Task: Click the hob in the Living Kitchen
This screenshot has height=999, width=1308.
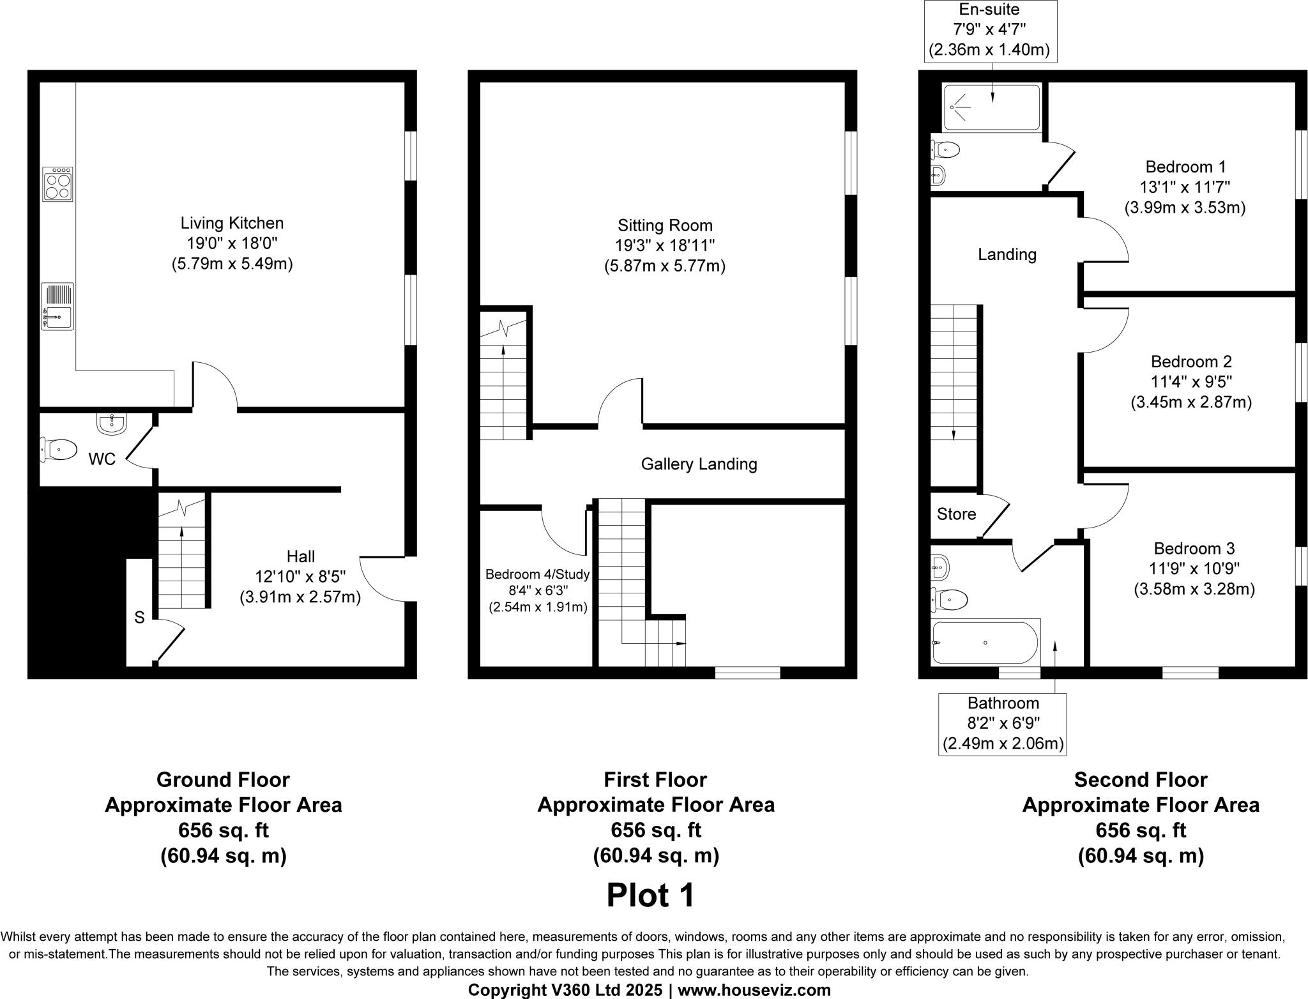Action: [58, 185]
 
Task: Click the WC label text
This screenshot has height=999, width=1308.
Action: [102, 459]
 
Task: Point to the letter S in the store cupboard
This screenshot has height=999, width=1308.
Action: [139, 618]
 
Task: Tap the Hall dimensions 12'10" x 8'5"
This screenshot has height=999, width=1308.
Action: [300, 577]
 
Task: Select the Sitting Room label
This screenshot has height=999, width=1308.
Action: [665, 225]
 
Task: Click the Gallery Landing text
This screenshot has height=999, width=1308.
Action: [699, 464]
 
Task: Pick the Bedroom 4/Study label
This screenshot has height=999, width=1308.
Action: [537, 574]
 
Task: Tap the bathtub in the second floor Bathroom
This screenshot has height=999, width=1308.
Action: [984, 643]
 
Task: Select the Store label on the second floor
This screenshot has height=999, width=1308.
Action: [956, 514]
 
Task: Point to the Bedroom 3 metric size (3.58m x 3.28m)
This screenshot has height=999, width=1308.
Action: [1194, 589]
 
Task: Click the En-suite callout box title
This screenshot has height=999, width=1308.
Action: [989, 10]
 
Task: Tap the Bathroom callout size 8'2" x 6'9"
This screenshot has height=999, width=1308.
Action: [1003, 723]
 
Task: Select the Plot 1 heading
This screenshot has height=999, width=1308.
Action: [650, 896]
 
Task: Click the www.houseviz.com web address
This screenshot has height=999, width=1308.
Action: [754, 990]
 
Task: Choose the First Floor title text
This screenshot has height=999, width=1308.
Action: [655, 780]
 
